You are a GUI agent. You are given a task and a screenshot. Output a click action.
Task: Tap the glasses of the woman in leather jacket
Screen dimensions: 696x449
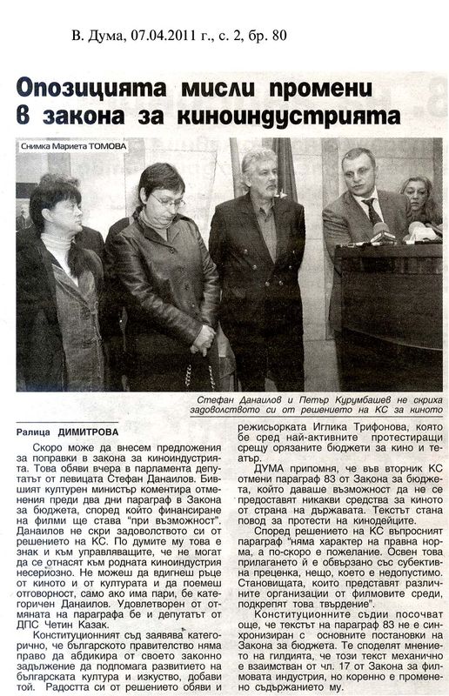coord(166,201)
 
